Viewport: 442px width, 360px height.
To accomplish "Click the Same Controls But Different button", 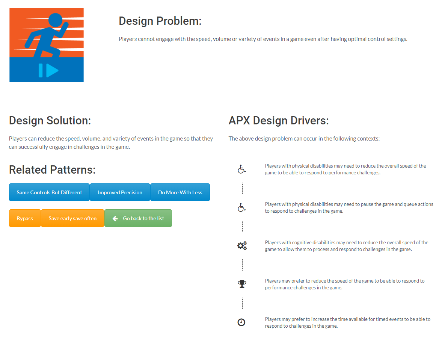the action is [x=49, y=192].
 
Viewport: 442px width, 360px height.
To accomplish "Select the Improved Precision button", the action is [x=120, y=192].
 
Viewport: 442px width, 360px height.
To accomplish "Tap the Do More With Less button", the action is [x=180, y=192].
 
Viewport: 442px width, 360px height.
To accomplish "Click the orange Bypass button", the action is [x=25, y=218].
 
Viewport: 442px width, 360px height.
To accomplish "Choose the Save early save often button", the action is [x=72, y=218].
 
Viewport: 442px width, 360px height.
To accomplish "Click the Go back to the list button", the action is [x=138, y=218].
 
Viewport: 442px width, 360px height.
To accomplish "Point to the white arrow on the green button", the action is [x=115, y=218].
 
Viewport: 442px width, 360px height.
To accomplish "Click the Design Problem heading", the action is [x=160, y=21].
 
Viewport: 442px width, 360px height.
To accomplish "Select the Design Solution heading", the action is [x=50, y=121].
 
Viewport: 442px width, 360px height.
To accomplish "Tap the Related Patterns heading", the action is [x=52, y=169].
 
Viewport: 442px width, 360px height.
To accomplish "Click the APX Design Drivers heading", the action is [x=279, y=121].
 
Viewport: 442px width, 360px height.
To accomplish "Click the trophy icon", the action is [x=242, y=284].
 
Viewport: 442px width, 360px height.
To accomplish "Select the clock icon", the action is [x=241, y=322].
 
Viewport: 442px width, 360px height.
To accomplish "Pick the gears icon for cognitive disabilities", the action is [x=242, y=245].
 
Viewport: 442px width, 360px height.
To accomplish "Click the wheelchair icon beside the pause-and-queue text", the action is [x=241, y=207].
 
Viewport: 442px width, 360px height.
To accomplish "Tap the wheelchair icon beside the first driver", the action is [x=241, y=169].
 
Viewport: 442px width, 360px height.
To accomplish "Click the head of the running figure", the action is [x=55, y=20].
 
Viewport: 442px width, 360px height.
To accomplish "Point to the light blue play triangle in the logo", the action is [x=52, y=71].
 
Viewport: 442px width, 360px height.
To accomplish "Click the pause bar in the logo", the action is [x=41, y=71].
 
